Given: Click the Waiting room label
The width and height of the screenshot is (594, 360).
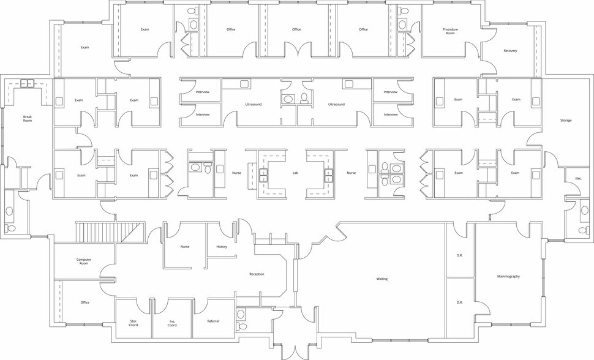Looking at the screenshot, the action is click(382, 279).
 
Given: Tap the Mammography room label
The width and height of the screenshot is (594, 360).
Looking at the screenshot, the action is click(508, 277).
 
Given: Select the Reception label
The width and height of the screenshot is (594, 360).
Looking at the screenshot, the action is click(257, 274).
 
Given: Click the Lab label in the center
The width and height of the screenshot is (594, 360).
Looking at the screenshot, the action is click(296, 173).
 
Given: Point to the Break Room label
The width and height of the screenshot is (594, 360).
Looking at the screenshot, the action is click(28, 119).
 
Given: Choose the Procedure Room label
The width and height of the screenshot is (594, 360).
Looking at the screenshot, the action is click(451, 31).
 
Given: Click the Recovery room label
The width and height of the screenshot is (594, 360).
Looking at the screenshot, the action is click(510, 51).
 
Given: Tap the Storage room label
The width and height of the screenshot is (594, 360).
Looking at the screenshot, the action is click(566, 121).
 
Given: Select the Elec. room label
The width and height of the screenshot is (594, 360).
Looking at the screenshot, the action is click(579, 179).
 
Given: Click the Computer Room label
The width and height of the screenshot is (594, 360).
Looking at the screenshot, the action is click(84, 261).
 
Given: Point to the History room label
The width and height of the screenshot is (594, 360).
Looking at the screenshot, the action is click(222, 247).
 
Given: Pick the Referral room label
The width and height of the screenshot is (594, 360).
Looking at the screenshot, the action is click(213, 321).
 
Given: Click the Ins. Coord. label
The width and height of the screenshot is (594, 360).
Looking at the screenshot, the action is click(172, 323).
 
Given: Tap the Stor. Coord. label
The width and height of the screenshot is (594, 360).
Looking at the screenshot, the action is click(133, 323).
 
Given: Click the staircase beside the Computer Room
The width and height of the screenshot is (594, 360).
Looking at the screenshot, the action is click(110, 232).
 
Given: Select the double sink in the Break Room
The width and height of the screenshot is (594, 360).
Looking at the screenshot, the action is click(28, 83).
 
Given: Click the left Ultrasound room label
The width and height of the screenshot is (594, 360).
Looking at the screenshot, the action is click(254, 104).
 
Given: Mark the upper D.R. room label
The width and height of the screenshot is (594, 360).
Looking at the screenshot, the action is click(459, 255).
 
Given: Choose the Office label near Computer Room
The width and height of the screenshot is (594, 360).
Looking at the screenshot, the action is click(85, 302).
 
